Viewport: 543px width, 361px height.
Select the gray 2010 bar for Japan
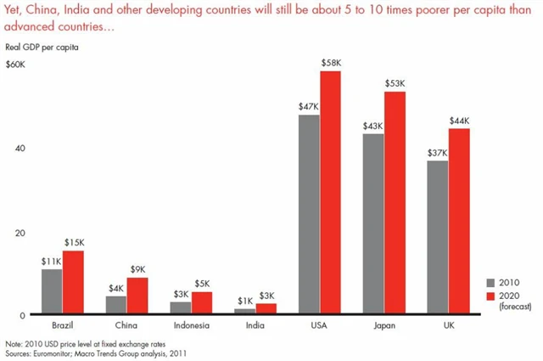pos(373,224)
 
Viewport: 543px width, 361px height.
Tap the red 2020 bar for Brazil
pos(74,283)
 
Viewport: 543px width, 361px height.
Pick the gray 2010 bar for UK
pos(438,237)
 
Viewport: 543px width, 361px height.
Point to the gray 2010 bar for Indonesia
pos(180,307)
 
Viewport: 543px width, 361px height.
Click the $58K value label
pos(331,64)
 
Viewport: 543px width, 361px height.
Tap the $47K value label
pos(308,107)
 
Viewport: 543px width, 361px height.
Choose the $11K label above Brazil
pos(52,262)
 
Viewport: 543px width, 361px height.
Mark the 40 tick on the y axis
pos(22,148)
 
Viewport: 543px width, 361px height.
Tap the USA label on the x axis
pos(319,324)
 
